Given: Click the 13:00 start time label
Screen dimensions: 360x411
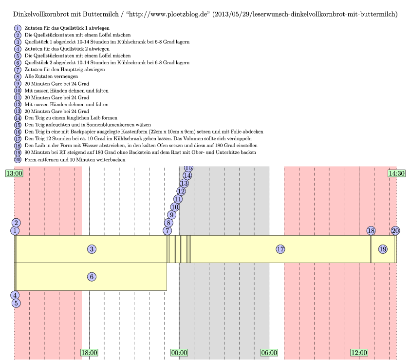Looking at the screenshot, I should click(14, 173).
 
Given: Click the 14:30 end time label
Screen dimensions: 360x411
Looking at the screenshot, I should click(396, 173).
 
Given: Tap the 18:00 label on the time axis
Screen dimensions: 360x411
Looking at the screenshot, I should click(89, 353).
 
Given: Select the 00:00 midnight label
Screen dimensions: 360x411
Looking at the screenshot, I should click(179, 353).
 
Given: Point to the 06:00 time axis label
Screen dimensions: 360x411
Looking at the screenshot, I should click(269, 353).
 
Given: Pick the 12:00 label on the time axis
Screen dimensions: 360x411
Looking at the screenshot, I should click(359, 353).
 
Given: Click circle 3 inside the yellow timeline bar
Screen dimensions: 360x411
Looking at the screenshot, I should click(92, 249).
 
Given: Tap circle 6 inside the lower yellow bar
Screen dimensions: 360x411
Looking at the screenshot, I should click(92, 277).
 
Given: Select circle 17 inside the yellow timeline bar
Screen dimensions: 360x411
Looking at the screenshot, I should click(280, 249).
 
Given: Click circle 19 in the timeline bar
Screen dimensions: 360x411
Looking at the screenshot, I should click(383, 249).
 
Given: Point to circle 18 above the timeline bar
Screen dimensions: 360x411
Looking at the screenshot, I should click(371, 230).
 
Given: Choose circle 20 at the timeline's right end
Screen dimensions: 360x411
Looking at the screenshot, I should click(395, 230).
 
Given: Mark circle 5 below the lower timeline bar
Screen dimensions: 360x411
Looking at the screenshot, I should click(16, 303).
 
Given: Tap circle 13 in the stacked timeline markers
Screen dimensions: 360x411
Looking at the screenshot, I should click(184, 183).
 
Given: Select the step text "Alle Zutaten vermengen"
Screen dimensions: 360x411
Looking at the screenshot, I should click(51, 76).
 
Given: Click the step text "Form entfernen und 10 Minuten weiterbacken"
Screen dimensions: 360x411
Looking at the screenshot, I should click(71, 159).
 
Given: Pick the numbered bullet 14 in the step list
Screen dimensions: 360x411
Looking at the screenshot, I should click(18, 117).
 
